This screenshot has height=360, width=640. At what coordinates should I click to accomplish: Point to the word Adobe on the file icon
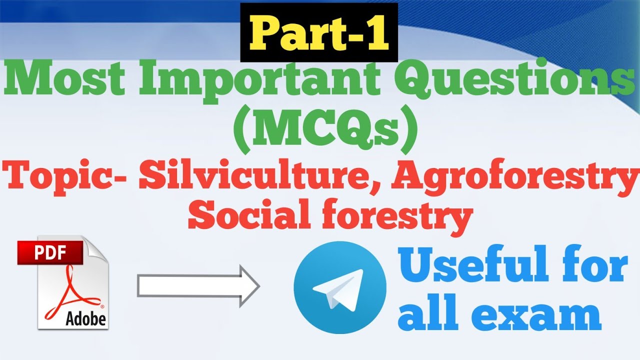click(85, 318)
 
